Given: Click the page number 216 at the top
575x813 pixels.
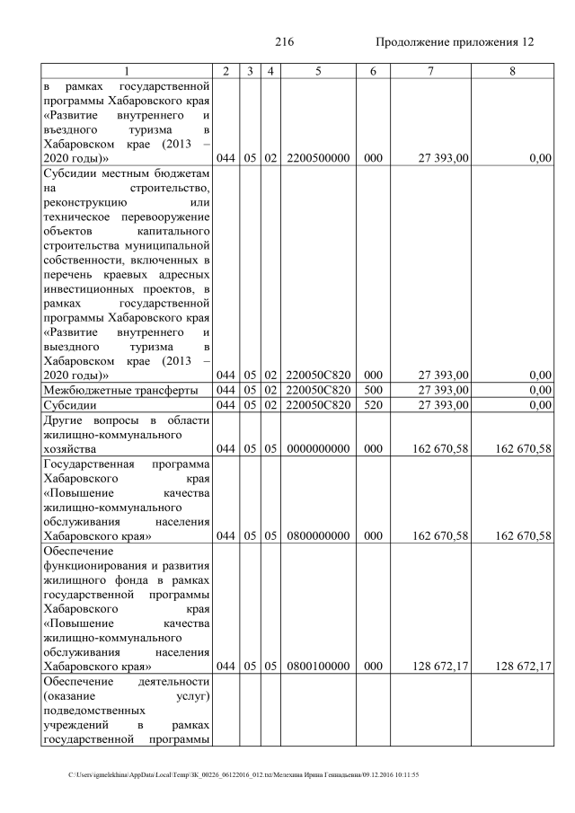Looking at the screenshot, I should tap(285, 42).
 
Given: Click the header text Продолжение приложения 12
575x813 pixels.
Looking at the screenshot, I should tap(455, 42).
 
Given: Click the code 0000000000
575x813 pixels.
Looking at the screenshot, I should tap(318, 448).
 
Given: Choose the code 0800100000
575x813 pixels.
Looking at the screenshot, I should tap(318, 666).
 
